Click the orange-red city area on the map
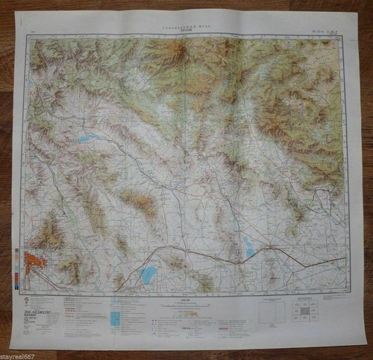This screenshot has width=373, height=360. click(34, 262)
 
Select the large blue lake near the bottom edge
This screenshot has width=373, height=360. click(148, 275)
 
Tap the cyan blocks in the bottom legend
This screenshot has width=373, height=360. click(114, 319)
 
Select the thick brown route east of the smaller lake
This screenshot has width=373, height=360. click(298, 259)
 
